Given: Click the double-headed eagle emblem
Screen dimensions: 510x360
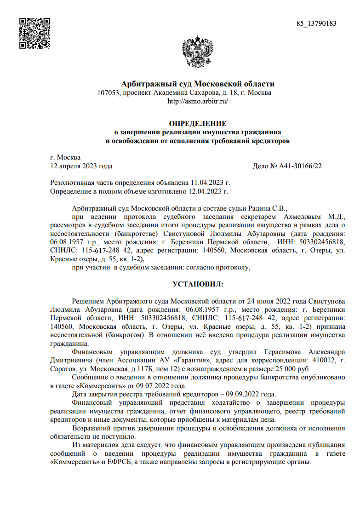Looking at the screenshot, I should tap(197, 52).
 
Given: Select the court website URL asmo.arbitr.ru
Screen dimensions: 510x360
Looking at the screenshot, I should tap(198, 101).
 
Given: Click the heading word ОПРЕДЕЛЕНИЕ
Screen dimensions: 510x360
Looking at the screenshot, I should tap(198, 124).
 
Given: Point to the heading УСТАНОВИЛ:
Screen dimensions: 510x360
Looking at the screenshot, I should tap(198, 285).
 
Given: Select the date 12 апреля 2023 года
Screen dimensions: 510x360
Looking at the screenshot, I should tap(81, 166).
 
